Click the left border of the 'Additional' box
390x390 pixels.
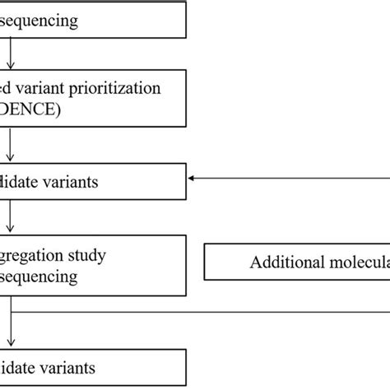tap(204, 263)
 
